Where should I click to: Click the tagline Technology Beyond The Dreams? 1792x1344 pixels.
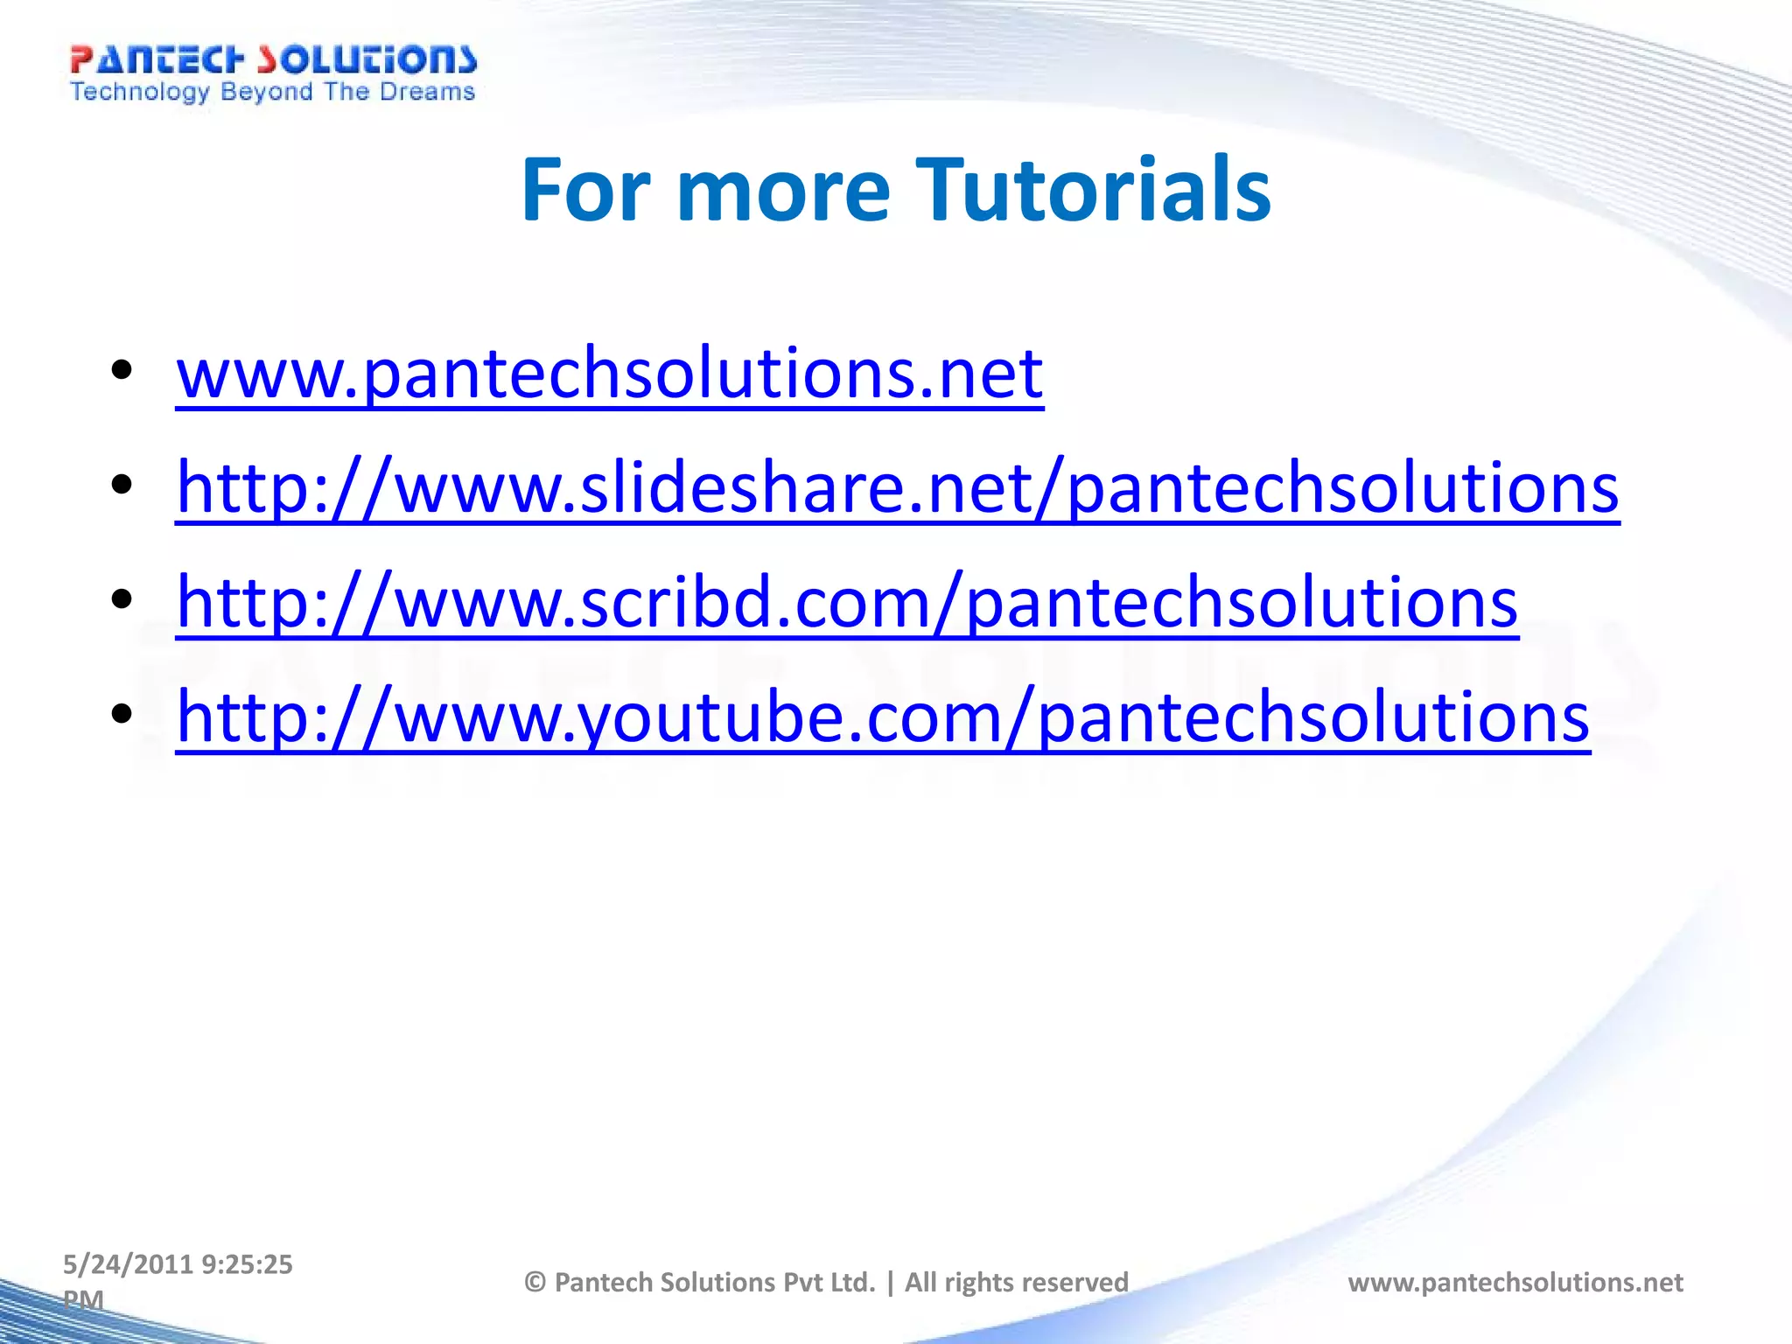pos(273,92)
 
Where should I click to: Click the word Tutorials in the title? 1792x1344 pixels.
pos(1093,190)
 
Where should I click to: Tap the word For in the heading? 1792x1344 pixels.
pos(585,190)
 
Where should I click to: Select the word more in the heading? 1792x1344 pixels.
pos(783,192)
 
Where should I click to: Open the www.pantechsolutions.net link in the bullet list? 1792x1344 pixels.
pos(609,374)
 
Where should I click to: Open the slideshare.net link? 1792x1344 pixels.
pos(897,488)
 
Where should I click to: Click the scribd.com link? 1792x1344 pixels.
pos(846,603)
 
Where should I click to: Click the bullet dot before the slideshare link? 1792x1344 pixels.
pos(122,484)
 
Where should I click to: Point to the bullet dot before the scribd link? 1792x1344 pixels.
pos(122,599)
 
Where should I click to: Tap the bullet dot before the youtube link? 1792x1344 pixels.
pos(122,714)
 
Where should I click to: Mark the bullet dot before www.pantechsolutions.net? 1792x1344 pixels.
pos(122,369)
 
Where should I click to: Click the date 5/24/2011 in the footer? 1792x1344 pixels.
pos(128,1264)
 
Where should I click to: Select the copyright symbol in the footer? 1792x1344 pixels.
pos(535,1283)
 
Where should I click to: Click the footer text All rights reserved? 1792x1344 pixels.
pos(1016,1283)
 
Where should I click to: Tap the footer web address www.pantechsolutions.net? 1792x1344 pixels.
pos(1515,1283)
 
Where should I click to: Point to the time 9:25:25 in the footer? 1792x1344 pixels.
pos(247,1264)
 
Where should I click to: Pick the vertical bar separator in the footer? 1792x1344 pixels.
pos(891,1283)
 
